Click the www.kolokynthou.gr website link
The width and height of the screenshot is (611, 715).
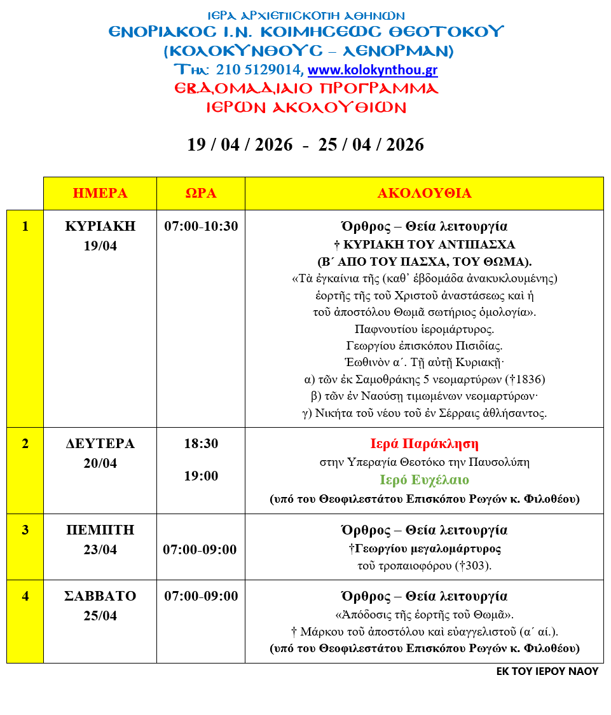click(x=373, y=70)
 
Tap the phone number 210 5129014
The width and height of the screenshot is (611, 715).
click(x=259, y=70)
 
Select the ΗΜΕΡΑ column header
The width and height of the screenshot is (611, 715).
click(x=100, y=193)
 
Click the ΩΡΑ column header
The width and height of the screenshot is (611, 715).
click(x=201, y=193)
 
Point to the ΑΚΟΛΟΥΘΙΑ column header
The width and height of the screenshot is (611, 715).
click(x=424, y=193)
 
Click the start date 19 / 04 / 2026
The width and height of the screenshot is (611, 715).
click(x=240, y=145)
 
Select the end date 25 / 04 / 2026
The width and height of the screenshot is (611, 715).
click(x=371, y=145)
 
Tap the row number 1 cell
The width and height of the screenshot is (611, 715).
click(x=25, y=226)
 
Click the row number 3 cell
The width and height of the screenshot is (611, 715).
click(x=25, y=530)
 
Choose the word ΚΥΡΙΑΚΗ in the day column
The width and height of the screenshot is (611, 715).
click(x=100, y=226)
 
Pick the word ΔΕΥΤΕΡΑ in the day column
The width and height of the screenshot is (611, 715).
click(x=100, y=444)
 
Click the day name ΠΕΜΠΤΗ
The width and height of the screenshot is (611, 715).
click(x=100, y=530)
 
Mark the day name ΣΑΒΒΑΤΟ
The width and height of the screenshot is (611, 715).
click(x=100, y=596)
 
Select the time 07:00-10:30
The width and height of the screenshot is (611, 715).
click(x=201, y=226)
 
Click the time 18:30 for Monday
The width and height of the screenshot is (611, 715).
click(x=201, y=444)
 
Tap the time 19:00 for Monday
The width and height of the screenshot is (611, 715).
click(x=201, y=476)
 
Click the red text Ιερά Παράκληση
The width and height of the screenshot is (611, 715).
click(x=424, y=444)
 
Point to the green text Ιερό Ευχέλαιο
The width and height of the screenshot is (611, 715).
click(x=424, y=480)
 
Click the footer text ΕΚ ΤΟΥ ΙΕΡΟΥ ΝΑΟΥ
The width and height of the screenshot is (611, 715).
click(x=547, y=671)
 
